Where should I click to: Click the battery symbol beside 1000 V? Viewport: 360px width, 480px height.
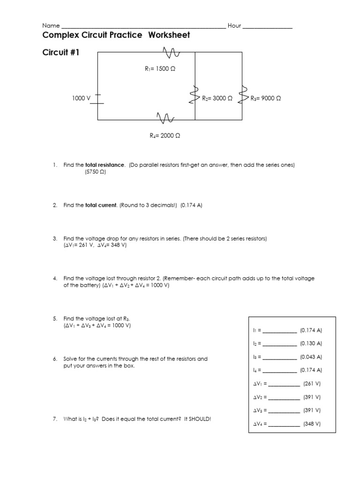(x=97, y=98)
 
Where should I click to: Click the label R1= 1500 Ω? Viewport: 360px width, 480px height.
(x=160, y=68)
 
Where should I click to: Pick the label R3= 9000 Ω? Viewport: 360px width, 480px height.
(x=266, y=98)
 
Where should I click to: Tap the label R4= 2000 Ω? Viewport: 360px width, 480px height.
(x=165, y=135)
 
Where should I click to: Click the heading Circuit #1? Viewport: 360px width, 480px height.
(x=61, y=53)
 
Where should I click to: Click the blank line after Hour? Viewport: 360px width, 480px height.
(x=267, y=27)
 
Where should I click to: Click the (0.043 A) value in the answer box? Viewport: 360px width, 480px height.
(x=311, y=357)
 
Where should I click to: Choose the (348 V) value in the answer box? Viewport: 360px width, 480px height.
(x=312, y=424)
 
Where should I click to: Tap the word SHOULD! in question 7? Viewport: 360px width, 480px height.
(x=201, y=419)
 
